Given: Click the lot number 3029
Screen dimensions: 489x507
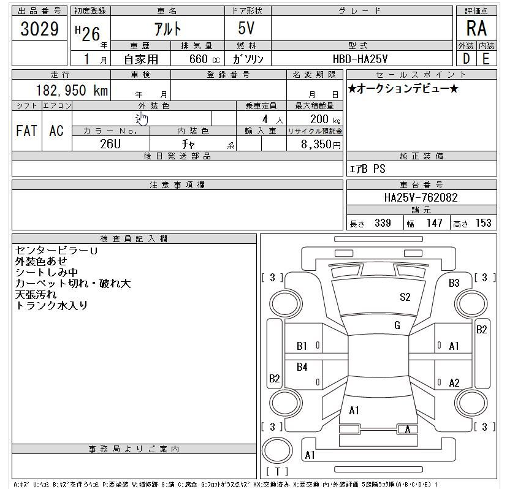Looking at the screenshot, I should point(40,29).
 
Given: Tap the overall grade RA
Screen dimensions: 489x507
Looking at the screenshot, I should point(476,29).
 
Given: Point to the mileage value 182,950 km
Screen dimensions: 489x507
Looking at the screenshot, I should point(64,91).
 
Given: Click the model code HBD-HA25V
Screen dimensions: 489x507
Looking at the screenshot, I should point(360,59).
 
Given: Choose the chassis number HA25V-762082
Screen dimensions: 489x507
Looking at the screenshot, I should point(421,198).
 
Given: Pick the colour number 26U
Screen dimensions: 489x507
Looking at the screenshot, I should point(111,145).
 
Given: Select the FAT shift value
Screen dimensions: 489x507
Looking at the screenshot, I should point(26,130).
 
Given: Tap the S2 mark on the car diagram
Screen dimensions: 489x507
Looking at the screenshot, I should point(405,297).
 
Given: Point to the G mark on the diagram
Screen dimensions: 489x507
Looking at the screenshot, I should point(397,326).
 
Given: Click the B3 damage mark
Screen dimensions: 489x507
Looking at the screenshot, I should point(454,283).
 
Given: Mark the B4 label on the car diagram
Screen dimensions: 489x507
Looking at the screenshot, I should point(302,367).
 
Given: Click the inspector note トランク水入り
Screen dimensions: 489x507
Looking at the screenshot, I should point(52,305).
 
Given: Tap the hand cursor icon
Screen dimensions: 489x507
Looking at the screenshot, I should point(142,118).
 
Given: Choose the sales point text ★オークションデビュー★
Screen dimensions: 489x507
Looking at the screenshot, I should point(403,89).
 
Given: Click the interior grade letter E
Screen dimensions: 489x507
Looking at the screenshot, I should point(486,59).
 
